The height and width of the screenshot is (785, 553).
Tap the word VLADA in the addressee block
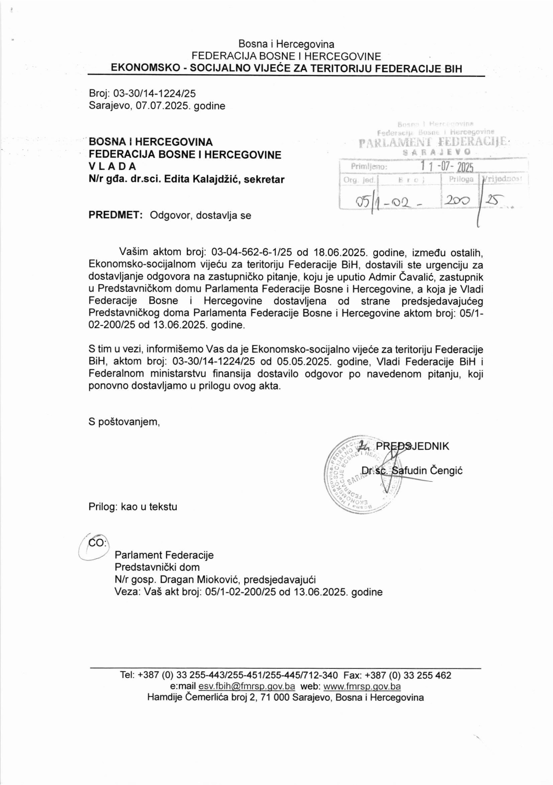[x=112, y=166]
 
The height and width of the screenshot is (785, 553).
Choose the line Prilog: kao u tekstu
[x=133, y=506]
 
